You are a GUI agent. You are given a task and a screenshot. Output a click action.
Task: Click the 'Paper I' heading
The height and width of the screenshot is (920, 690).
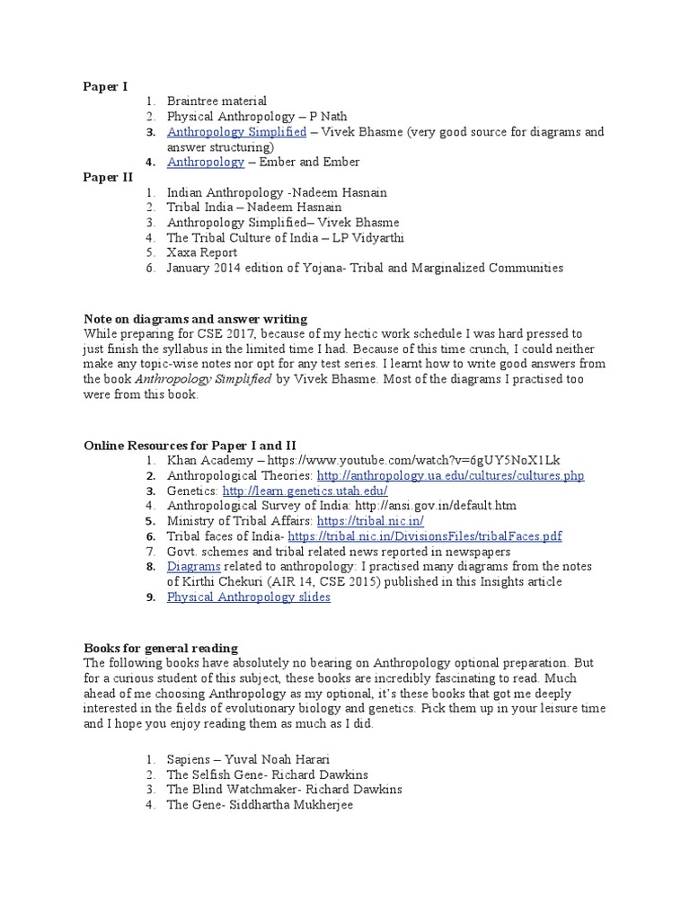point(105,86)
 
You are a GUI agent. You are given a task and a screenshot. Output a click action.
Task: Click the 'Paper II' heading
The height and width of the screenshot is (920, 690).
point(108,177)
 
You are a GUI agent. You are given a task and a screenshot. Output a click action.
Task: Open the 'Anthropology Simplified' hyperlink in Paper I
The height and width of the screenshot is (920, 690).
point(236,132)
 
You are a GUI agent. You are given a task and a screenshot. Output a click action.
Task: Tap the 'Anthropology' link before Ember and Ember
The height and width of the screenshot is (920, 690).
point(205,162)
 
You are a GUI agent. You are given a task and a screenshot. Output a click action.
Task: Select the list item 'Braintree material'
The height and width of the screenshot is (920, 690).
point(217,102)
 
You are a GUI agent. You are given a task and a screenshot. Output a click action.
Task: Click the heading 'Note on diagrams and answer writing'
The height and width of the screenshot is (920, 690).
point(195,318)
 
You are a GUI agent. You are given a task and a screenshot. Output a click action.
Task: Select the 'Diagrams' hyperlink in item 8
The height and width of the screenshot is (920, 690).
point(193,567)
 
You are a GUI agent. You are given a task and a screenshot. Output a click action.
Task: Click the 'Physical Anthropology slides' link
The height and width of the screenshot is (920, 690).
point(248,597)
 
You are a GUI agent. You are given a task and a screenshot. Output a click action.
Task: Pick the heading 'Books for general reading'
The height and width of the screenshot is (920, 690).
point(161,648)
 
